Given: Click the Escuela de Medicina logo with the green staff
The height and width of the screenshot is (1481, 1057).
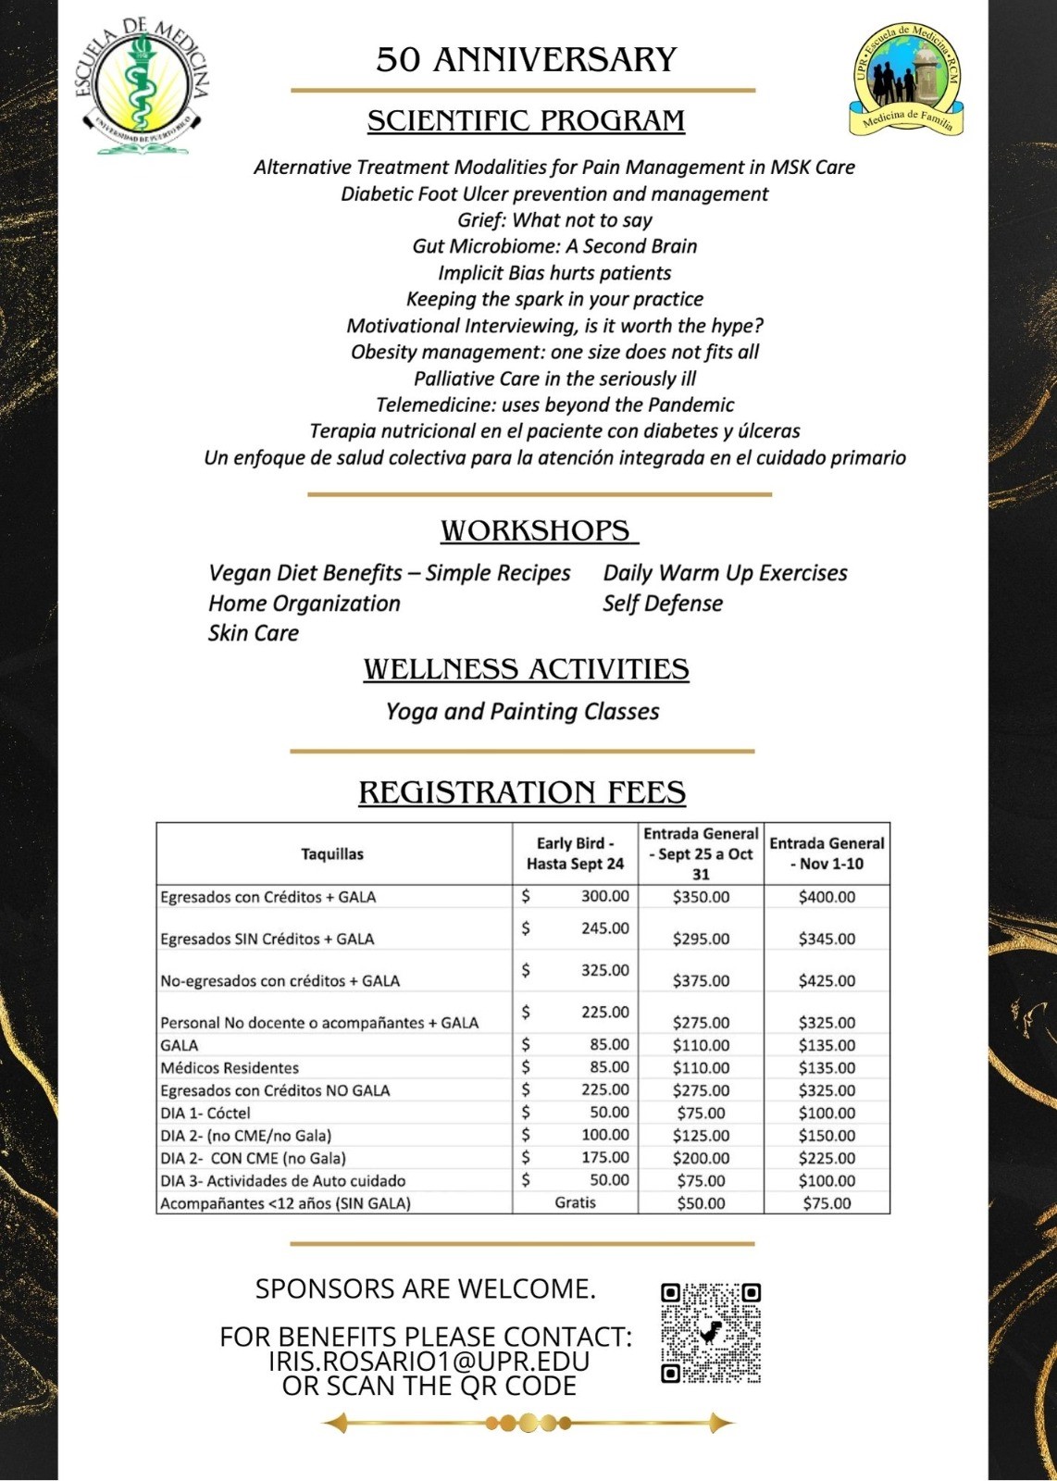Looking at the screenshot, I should coord(142,86).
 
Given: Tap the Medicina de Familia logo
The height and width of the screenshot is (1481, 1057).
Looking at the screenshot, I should coord(906,79).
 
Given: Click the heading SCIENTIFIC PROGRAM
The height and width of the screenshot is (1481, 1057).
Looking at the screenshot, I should coord(526,121).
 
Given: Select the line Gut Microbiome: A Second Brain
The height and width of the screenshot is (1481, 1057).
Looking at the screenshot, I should coord(554,246).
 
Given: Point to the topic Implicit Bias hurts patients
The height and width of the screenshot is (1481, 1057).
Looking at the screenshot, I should coord(554,273).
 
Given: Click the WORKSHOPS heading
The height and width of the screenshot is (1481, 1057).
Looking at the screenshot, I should coord(538,531).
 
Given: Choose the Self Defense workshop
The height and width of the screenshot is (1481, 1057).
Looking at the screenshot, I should coord(663,604).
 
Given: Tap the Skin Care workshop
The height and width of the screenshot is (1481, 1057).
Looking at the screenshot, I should coord(254,633).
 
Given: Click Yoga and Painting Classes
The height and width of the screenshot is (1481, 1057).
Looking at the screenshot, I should coord(522,712).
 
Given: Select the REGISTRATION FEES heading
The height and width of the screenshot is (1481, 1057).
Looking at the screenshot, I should coord(522,793).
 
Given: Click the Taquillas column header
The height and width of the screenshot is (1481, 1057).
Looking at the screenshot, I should coord(332,854).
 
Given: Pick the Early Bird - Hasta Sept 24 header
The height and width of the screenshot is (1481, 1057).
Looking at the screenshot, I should coord(575,853).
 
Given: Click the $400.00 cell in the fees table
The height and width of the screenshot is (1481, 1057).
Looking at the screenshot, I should coord(827,897).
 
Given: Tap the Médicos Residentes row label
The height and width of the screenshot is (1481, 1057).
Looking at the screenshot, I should coord(230,1068).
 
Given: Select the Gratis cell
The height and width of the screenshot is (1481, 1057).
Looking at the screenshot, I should coord(575,1202).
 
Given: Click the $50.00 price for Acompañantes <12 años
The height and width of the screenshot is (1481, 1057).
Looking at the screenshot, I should coord(701,1203).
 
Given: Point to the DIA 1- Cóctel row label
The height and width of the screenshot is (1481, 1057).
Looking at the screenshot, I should coord(205,1114).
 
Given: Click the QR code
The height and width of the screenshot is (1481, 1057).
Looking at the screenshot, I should coord(711,1333).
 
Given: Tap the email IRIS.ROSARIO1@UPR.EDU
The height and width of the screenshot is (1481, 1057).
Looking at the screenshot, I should coord(429,1362).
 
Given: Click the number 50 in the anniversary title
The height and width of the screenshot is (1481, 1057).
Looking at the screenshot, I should coord(398,60).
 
